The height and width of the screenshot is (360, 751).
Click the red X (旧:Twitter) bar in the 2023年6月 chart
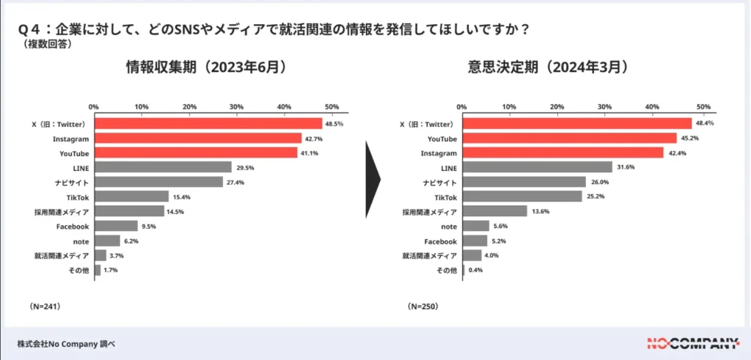point(208,124)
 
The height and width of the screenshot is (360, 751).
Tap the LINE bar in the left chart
point(163,167)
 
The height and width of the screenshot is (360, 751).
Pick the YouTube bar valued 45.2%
point(569,139)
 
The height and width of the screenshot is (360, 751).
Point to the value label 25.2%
point(595,197)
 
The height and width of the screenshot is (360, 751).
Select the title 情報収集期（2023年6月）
point(205,67)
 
